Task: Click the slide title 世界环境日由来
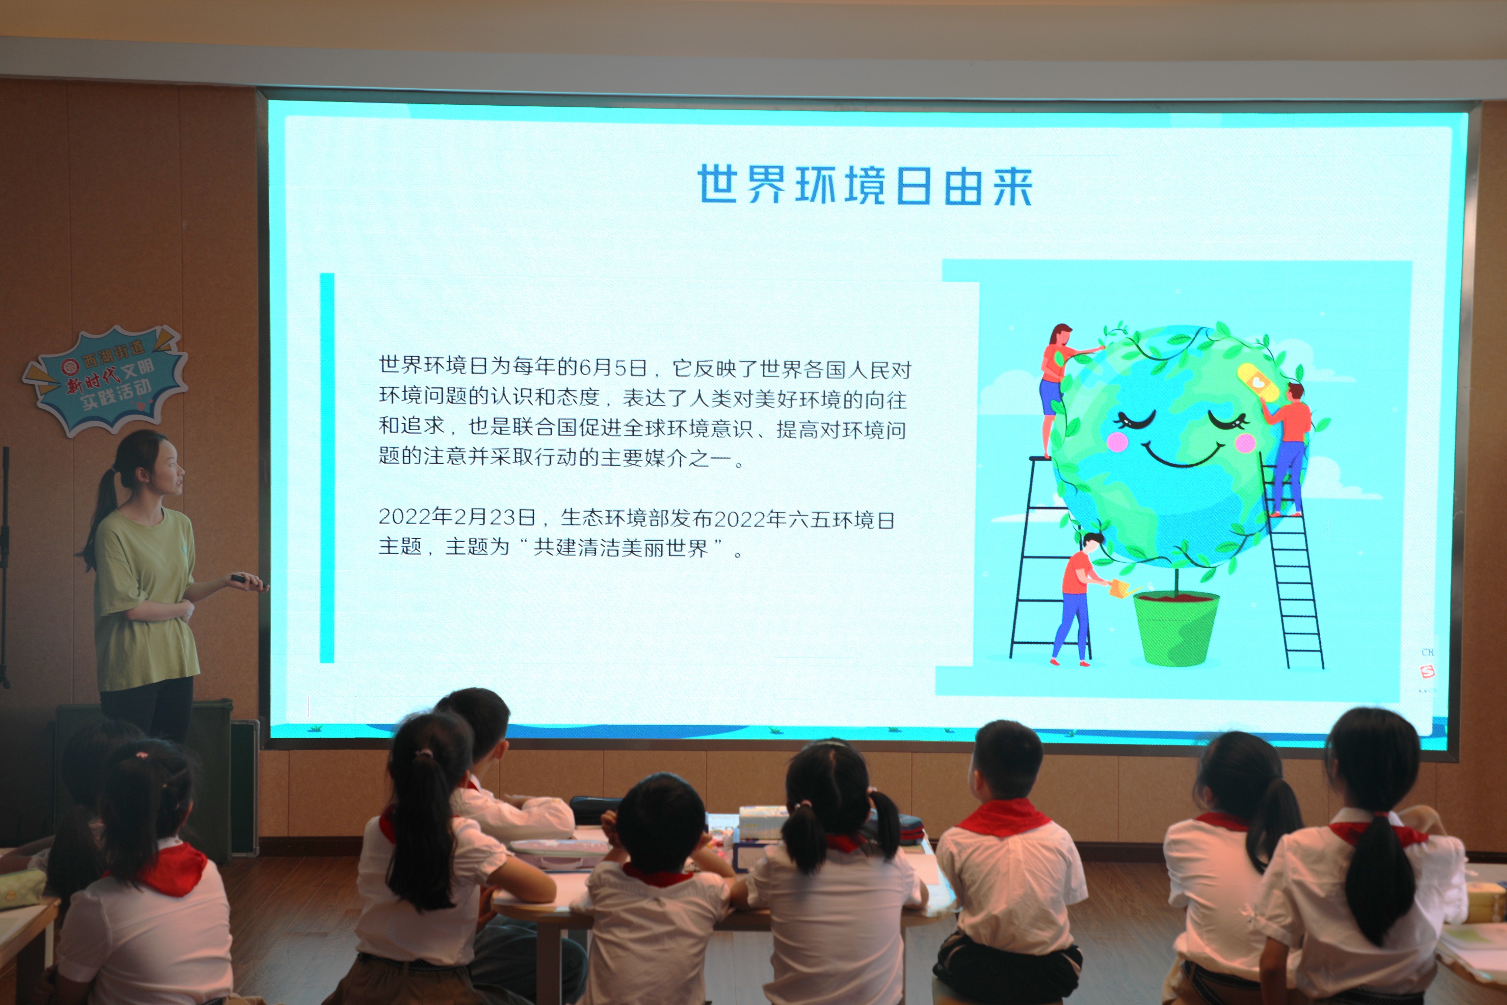865,185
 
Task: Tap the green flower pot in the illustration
1176,628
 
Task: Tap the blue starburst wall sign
106,380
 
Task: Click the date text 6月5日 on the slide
612,367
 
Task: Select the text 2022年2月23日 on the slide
457,517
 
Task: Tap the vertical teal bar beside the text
327,468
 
